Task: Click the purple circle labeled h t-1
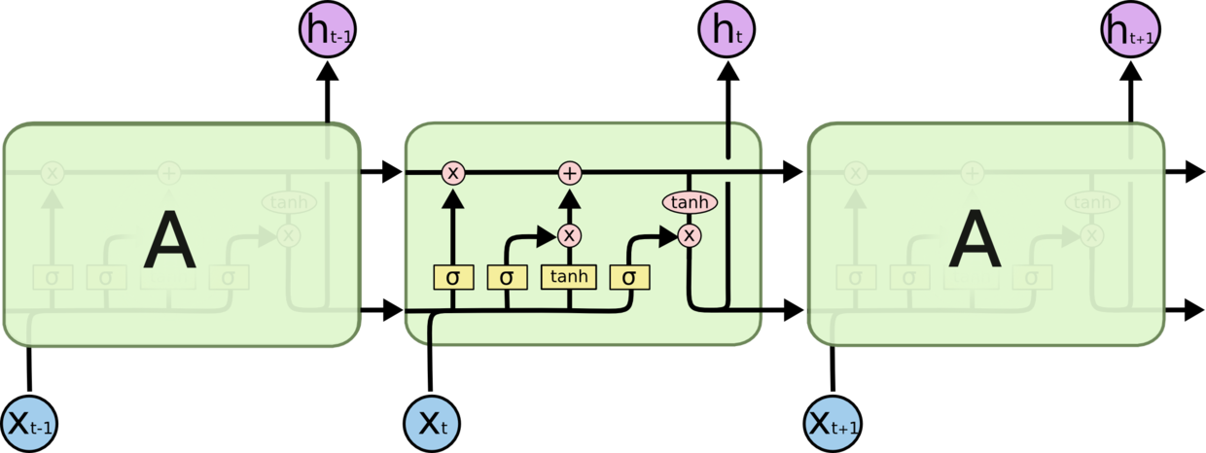pyautogui.click(x=326, y=30)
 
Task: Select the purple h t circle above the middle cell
pyautogui.click(x=727, y=30)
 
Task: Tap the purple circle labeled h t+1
pyautogui.click(x=1130, y=30)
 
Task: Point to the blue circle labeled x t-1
pyautogui.click(x=30, y=424)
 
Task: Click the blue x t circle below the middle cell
pyautogui.click(x=431, y=424)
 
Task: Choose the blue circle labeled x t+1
pyautogui.click(x=834, y=424)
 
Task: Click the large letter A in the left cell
pyautogui.click(x=169, y=242)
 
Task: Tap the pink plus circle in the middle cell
pyautogui.click(x=570, y=173)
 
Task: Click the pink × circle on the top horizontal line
pyautogui.click(x=452, y=173)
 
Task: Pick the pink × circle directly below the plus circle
pyautogui.click(x=570, y=235)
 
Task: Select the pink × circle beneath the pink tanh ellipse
pyautogui.click(x=690, y=235)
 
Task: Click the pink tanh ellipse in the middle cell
pyautogui.click(x=690, y=202)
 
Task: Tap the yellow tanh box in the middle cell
pyautogui.click(x=569, y=277)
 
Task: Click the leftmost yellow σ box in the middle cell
pyautogui.click(x=452, y=277)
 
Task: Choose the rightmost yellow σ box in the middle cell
pyautogui.click(x=629, y=277)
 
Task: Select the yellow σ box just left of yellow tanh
pyautogui.click(x=507, y=277)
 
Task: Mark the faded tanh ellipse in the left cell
pyautogui.click(x=288, y=202)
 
